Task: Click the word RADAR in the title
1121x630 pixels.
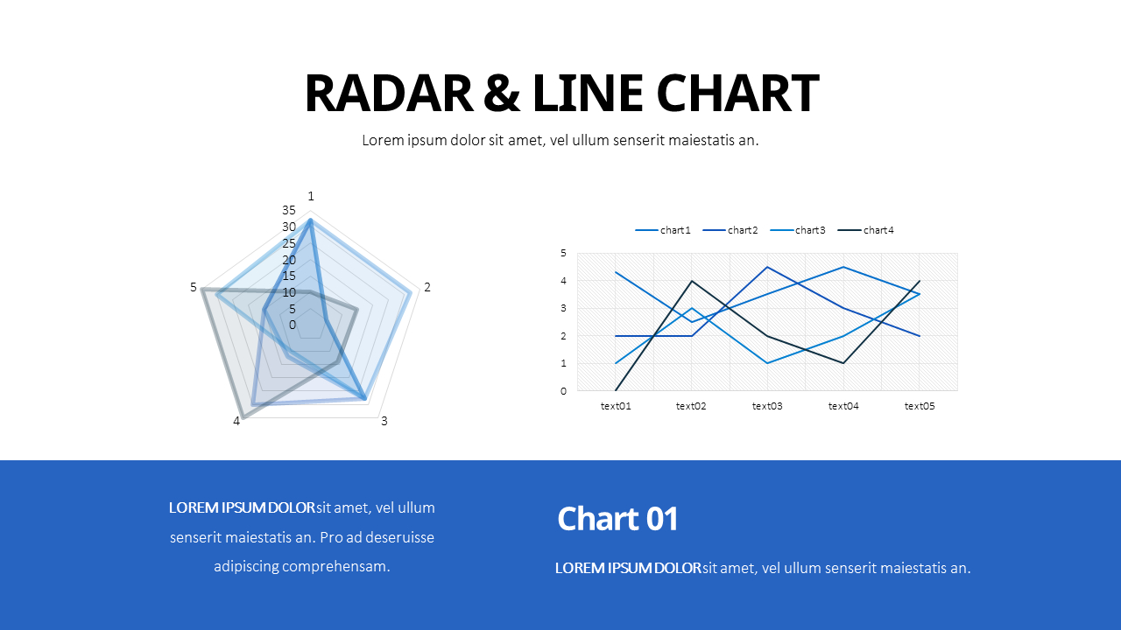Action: click(389, 93)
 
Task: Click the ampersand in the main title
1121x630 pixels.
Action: click(502, 93)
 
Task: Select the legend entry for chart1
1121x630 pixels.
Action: click(663, 230)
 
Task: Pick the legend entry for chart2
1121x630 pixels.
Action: click(730, 230)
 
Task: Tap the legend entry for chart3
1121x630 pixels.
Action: click(798, 230)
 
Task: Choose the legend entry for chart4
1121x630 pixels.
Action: click(866, 230)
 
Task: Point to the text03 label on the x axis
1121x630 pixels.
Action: click(767, 406)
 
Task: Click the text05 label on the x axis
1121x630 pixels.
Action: click(920, 406)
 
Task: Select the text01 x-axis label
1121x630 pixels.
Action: click(616, 406)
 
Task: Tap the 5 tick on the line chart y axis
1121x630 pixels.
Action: click(563, 253)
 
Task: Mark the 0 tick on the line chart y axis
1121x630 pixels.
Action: click(563, 391)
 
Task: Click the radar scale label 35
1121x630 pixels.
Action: click(289, 210)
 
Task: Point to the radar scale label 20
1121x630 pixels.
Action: click(289, 260)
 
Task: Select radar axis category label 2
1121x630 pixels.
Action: click(427, 287)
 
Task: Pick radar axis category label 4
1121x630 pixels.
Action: click(236, 421)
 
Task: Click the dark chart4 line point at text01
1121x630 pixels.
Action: click(616, 390)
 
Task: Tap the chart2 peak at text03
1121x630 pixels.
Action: click(767, 267)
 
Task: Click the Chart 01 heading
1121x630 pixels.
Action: click(618, 519)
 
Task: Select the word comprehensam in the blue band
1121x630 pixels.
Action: click(335, 566)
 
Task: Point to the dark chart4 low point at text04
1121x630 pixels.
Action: click(843, 363)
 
